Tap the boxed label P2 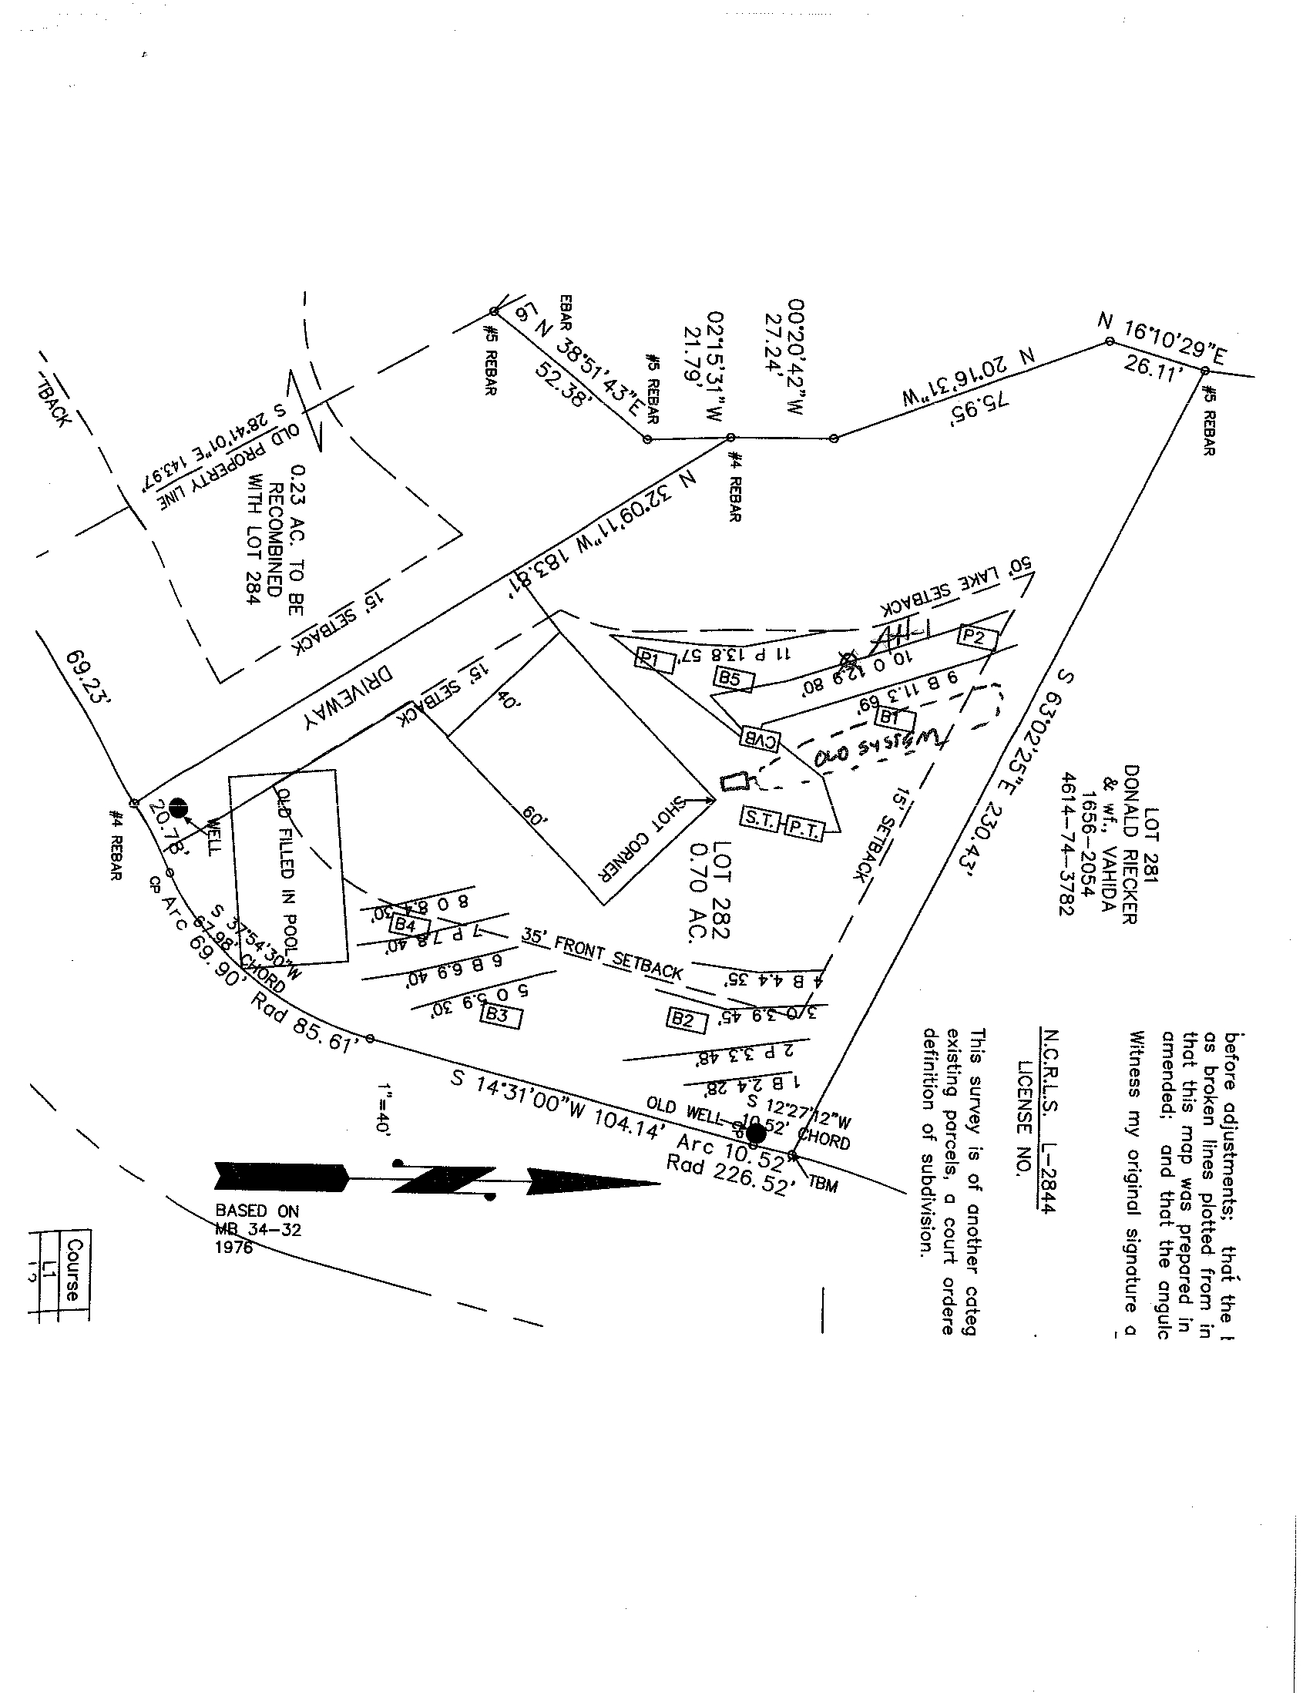pyautogui.click(x=974, y=637)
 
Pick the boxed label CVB pyautogui.click(x=761, y=738)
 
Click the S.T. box pyautogui.click(x=761, y=820)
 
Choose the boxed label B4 pyautogui.click(x=405, y=925)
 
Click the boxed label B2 pyautogui.click(x=684, y=1019)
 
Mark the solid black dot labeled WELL pyautogui.click(x=178, y=807)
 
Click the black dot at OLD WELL pyautogui.click(x=755, y=1134)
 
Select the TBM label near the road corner pyautogui.click(x=823, y=1184)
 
